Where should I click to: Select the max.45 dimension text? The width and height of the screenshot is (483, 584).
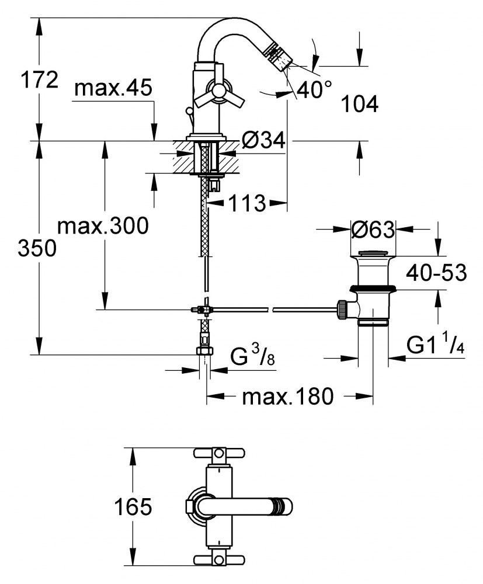click(113, 88)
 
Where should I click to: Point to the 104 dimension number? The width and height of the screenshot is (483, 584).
click(359, 104)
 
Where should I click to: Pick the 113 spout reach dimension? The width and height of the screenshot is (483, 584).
click(247, 203)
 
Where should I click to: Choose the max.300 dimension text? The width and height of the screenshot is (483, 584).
click(103, 225)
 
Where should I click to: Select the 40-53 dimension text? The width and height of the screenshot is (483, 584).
click(437, 272)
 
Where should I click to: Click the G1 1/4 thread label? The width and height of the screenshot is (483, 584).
click(435, 346)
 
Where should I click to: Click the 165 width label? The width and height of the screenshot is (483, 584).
click(133, 507)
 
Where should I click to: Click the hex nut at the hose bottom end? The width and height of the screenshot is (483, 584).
click(204, 350)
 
